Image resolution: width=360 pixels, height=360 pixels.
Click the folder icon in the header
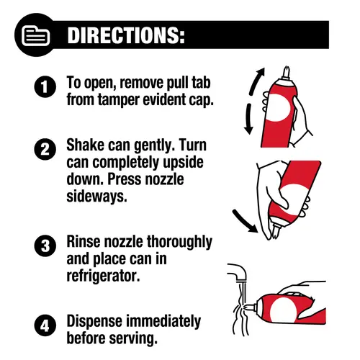coord(35,36)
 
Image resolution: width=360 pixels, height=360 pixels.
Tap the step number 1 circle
coord(45,86)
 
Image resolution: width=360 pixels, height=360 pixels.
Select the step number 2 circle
coord(45,149)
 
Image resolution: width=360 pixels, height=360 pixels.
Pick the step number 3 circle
coord(45,246)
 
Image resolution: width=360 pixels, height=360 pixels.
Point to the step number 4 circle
coord(45,325)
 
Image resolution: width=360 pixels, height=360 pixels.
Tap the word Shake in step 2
coord(85,145)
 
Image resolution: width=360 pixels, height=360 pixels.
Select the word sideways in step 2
coord(96,197)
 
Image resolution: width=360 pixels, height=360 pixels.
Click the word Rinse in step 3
coord(84,241)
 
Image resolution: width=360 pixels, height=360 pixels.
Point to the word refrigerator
coord(103,276)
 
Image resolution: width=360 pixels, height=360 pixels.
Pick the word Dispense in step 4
coord(94,322)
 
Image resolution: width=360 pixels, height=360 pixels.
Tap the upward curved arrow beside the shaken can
coord(255,82)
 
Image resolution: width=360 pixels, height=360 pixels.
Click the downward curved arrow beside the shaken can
coord(248,120)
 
